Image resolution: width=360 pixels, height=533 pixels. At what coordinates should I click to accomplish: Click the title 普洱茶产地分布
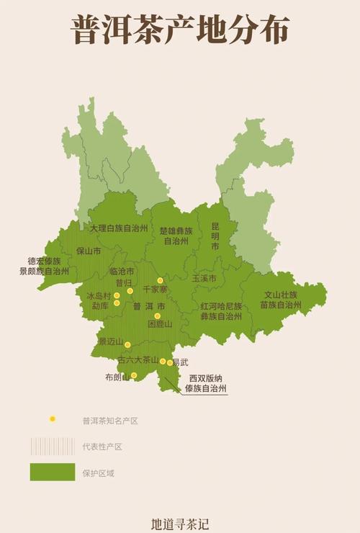click(180, 30)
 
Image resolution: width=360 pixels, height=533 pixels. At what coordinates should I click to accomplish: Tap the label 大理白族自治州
click(119, 228)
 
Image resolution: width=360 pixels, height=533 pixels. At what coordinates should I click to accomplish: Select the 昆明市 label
click(215, 236)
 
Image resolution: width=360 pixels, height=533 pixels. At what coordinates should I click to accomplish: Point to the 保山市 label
click(89, 251)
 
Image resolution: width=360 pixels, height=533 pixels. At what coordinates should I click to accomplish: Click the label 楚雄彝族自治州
click(176, 236)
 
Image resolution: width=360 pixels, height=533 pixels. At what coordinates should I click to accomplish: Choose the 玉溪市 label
click(204, 278)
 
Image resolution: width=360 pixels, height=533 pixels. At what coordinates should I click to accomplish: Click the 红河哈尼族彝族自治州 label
click(221, 310)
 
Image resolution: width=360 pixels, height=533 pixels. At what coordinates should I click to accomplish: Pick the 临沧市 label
click(122, 272)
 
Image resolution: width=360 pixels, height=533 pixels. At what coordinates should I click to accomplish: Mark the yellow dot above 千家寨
click(161, 280)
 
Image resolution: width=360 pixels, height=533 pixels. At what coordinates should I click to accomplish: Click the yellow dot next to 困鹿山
click(157, 315)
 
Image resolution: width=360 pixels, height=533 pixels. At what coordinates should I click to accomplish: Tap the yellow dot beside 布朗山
click(134, 375)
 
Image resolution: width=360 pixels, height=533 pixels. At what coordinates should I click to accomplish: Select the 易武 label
click(180, 362)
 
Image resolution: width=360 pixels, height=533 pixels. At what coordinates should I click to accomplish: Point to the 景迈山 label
click(111, 341)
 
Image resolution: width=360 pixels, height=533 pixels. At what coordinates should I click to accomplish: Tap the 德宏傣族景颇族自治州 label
click(44, 266)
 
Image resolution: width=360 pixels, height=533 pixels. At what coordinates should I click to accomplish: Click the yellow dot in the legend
click(52, 419)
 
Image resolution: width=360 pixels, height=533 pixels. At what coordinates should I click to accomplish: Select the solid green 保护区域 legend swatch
click(52, 472)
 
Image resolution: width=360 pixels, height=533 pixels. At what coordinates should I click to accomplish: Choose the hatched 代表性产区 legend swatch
click(52, 446)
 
